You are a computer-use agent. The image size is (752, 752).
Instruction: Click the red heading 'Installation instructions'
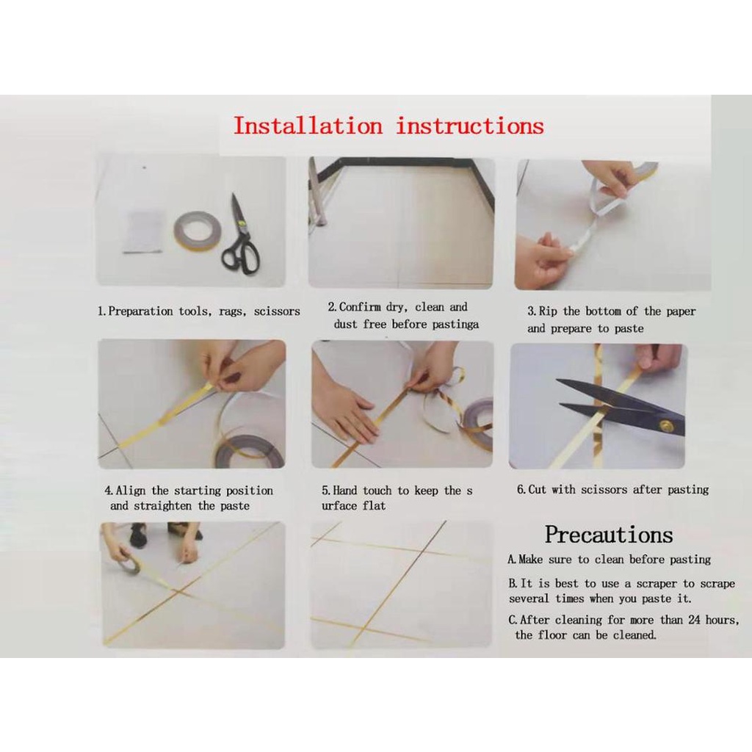pyautogui.click(x=388, y=126)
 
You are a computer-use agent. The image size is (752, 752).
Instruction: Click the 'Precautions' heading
pyautogui.click(x=609, y=535)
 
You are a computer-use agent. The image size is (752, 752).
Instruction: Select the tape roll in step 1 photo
pyautogui.click(x=197, y=229)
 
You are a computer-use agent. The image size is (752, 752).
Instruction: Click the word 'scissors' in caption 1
pyautogui.click(x=277, y=311)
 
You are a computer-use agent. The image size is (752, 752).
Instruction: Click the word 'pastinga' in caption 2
pyautogui.click(x=455, y=324)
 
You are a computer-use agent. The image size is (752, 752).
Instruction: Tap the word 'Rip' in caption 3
pyautogui.click(x=548, y=311)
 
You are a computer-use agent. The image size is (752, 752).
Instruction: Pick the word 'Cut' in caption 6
pyautogui.click(x=537, y=490)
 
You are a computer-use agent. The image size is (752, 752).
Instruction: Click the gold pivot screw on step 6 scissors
pyautogui.click(x=665, y=425)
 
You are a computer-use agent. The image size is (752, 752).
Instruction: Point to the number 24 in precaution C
pyautogui.click(x=694, y=620)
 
